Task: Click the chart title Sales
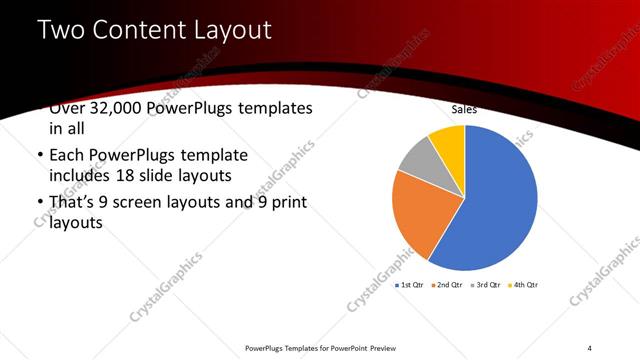464,109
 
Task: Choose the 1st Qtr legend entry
412,285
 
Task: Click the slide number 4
589,348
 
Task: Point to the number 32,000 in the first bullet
113,108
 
